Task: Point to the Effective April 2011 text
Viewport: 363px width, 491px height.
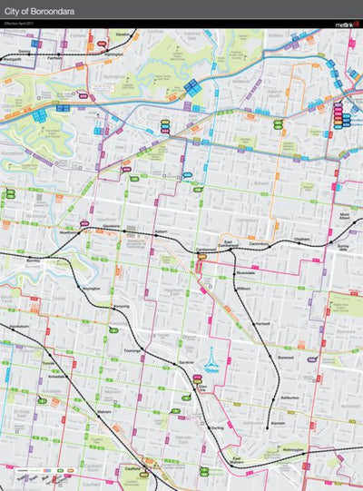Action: pyautogui.click(x=20, y=24)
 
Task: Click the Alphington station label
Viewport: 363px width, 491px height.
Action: pyautogui.click(x=113, y=55)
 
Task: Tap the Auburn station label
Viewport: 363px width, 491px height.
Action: pyautogui.click(x=162, y=232)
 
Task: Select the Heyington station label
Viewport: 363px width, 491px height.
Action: pyautogui.click(x=91, y=288)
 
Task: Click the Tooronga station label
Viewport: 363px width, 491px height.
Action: pyautogui.click(x=132, y=349)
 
